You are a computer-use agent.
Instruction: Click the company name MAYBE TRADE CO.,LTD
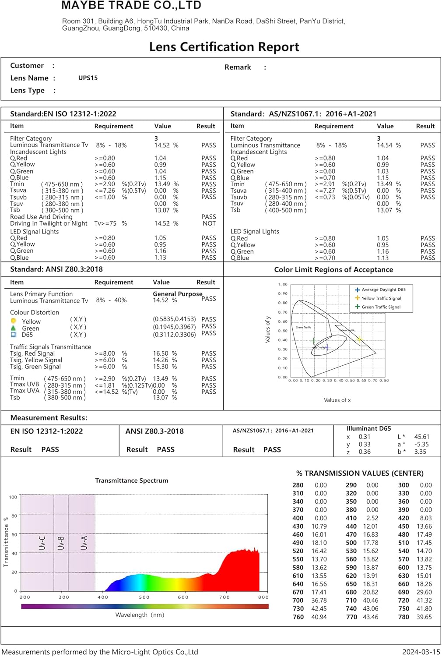click(x=131, y=6)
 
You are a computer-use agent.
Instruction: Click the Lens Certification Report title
click(x=224, y=47)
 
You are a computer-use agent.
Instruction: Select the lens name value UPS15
click(x=88, y=78)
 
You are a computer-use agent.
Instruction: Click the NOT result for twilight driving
click(x=209, y=223)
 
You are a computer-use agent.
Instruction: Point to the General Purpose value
click(x=177, y=294)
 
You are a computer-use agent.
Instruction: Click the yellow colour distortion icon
click(x=14, y=321)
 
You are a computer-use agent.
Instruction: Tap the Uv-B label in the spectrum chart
click(x=61, y=543)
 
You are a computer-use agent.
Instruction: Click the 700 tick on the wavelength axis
click(x=224, y=597)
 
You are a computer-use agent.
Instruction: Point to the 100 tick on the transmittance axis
click(x=13, y=497)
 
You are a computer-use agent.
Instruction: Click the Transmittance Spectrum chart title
click(x=132, y=480)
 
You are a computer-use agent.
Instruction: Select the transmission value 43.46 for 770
click(x=371, y=617)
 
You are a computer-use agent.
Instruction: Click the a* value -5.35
click(x=422, y=444)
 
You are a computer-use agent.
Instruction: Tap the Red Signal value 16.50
click(x=161, y=353)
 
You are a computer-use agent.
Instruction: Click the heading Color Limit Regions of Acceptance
click(x=333, y=270)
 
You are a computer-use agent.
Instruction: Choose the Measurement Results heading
click(x=49, y=418)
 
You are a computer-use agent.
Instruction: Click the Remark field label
click(x=238, y=67)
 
